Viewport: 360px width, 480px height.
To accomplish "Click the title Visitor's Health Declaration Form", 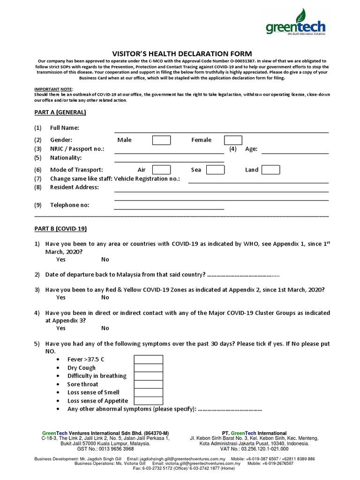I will [x=180, y=54].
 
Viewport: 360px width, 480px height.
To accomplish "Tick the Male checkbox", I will [x=161, y=140].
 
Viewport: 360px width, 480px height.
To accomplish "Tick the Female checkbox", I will [x=233, y=140].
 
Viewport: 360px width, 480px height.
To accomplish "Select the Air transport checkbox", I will [x=161, y=170].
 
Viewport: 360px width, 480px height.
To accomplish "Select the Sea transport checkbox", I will [x=216, y=170].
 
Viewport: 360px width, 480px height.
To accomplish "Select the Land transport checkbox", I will [x=270, y=170].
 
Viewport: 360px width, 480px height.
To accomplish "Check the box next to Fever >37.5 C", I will [x=149, y=360].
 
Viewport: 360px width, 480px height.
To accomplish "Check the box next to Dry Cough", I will [x=149, y=368].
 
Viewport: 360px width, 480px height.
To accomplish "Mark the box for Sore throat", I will [x=149, y=384].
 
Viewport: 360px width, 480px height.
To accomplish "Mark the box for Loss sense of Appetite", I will [x=149, y=401].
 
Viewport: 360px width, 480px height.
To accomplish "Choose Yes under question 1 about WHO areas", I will [x=61, y=260].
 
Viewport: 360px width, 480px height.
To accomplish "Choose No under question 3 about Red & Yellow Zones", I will [x=105, y=298].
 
